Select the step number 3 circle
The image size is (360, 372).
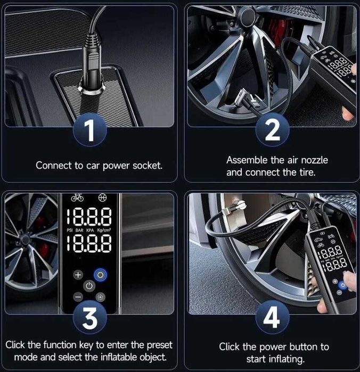pos(90,317)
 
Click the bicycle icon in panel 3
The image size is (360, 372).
pos(77,198)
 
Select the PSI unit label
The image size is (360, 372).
pos(69,231)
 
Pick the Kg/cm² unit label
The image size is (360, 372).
pos(103,231)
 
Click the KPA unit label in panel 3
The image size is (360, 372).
pos(91,231)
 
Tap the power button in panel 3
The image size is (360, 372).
pos(89,286)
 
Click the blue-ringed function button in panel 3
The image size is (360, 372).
pos(100,275)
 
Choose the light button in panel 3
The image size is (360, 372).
pos(100,296)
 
